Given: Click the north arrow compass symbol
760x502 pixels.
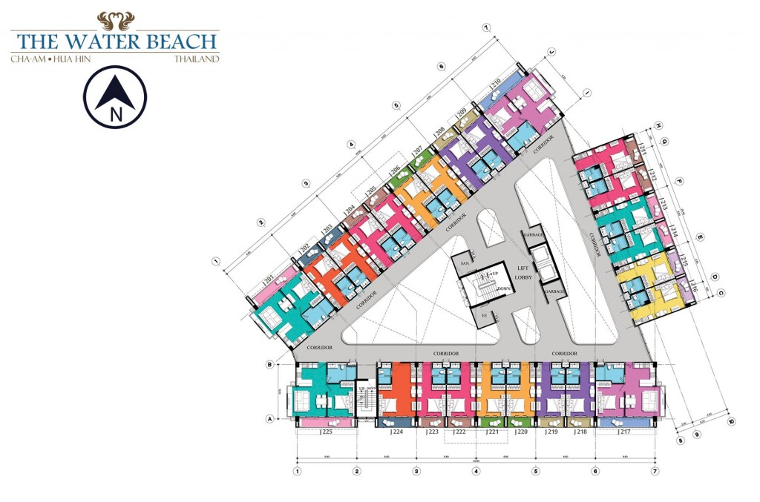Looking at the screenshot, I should coord(115,97).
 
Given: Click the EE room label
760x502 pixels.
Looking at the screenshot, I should coord(484,314).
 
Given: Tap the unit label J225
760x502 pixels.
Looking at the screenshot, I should coord(326,432).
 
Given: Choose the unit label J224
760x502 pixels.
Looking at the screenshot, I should coord(396,432).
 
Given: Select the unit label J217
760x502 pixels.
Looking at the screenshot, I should coord(625,432).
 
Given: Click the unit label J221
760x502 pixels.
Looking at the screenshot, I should coord(491,432).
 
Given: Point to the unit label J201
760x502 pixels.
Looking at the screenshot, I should coord(269,280).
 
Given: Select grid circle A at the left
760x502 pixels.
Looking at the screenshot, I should coord(271,418).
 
